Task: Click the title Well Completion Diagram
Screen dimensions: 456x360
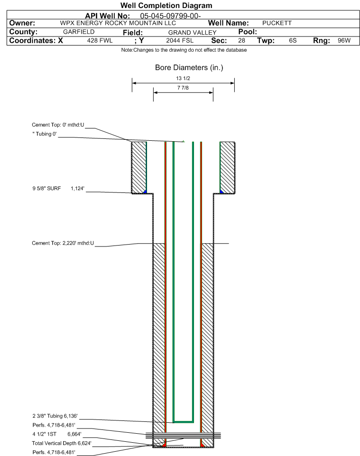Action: click(x=166, y=6)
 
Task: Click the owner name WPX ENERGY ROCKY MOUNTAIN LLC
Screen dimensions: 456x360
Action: click(x=118, y=23)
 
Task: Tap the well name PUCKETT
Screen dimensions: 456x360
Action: click(x=277, y=23)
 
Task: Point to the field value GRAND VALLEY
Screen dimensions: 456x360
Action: click(x=192, y=32)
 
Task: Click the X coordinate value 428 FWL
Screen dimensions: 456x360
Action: click(x=100, y=41)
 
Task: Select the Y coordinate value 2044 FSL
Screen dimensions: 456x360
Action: click(x=179, y=41)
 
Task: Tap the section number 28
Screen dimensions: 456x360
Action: click(x=241, y=41)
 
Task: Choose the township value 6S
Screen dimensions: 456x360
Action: click(x=293, y=41)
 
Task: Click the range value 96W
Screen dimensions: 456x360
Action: click(x=344, y=41)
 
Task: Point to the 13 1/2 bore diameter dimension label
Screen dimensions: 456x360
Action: click(x=183, y=78)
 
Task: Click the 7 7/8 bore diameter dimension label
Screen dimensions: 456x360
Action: click(x=183, y=88)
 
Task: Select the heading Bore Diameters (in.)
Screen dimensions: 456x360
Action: click(x=189, y=68)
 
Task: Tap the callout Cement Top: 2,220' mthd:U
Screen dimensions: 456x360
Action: click(x=63, y=244)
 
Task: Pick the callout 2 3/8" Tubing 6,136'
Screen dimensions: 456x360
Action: click(x=55, y=416)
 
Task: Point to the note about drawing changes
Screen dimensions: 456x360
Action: click(x=184, y=50)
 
